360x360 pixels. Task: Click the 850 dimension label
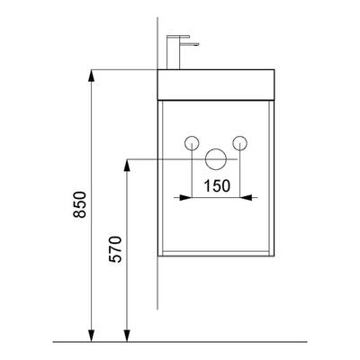point(80,204)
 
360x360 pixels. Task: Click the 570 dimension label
point(115,249)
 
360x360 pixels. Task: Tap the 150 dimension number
point(217,186)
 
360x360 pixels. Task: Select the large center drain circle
point(216,158)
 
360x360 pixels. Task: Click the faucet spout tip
point(198,44)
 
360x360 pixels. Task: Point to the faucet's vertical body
point(173,53)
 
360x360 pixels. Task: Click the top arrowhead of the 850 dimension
point(91,76)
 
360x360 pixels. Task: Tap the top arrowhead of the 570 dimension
point(127,166)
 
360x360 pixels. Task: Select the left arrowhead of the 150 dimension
point(185,197)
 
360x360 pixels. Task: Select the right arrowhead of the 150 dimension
point(246,197)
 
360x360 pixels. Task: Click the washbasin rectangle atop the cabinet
point(216,85)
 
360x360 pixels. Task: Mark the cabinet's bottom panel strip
point(216,254)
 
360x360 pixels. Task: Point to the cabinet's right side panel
point(272,178)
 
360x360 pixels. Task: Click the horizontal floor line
point(180,342)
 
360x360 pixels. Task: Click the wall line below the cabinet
point(157,283)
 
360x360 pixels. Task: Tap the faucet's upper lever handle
point(178,37)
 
